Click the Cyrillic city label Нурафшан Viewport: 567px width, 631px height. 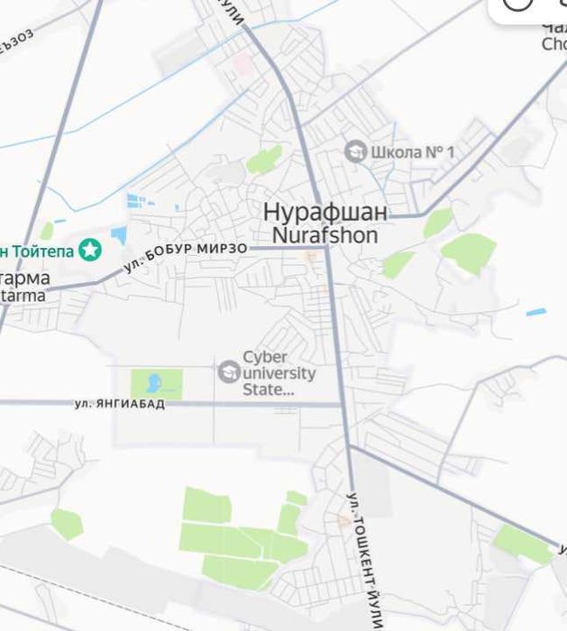point(325,213)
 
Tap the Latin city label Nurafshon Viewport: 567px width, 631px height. point(325,234)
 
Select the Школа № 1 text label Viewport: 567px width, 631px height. point(413,152)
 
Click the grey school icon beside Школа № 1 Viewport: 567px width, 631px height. point(356,151)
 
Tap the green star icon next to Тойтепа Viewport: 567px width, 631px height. point(89,250)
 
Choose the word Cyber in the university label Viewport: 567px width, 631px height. point(265,358)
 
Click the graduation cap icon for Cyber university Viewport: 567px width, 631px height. point(229,370)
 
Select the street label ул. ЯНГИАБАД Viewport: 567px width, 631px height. point(120,404)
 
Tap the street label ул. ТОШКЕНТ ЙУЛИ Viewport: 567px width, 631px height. point(365,559)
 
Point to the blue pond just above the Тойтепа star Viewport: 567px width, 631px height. point(119,236)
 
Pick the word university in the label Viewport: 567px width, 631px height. point(279,373)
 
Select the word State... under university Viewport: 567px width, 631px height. point(269,389)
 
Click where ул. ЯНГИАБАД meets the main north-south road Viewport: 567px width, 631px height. point(343,405)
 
